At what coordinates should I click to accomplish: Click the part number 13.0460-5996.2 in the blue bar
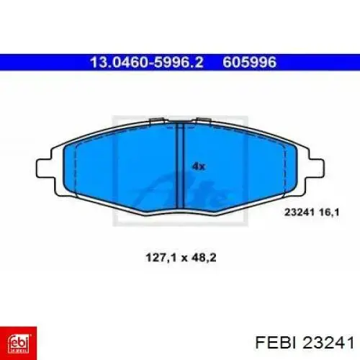[147, 63]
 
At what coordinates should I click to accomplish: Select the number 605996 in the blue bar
[250, 63]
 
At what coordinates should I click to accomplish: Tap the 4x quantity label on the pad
[199, 166]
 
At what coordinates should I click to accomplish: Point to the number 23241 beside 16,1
[300, 212]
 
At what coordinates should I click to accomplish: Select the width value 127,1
[161, 258]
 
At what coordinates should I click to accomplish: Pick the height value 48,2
[204, 258]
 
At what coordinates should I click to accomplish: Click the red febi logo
[19, 343]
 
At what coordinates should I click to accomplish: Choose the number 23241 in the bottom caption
[328, 342]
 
